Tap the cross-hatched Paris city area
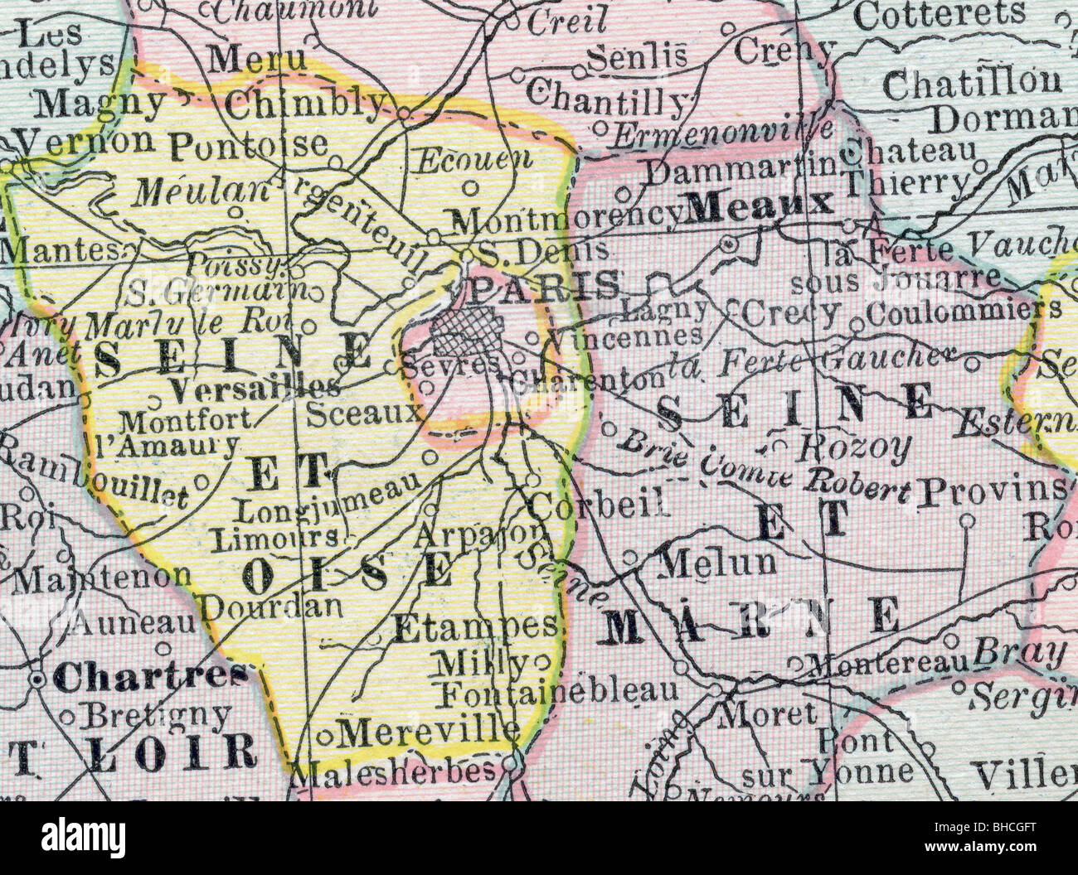[x=465, y=333]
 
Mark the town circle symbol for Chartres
[x=37, y=680]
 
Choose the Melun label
[x=717, y=563]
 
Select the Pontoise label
[x=249, y=144]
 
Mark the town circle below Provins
[x=967, y=520]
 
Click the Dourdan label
[x=272, y=607]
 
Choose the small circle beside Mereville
[x=326, y=734]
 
